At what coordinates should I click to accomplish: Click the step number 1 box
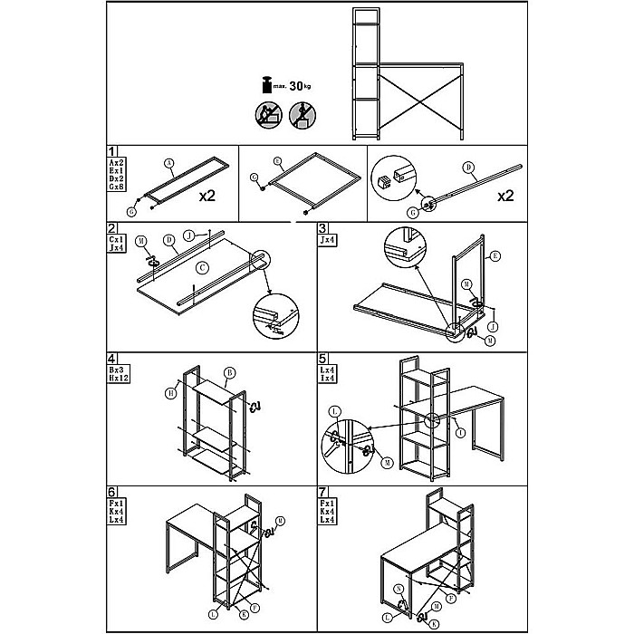click(x=111, y=152)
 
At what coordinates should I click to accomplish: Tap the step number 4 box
click(x=111, y=360)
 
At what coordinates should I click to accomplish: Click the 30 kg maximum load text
click(x=298, y=86)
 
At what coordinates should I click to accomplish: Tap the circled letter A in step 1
click(x=169, y=164)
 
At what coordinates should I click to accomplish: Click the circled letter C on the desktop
click(x=203, y=267)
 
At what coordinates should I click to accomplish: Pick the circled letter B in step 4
click(x=229, y=372)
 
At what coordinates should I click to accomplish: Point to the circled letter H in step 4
click(x=170, y=392)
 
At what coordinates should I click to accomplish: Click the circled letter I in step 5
click(x=462, y=432)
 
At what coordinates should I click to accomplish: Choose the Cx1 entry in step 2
click(x=116, y=236)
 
